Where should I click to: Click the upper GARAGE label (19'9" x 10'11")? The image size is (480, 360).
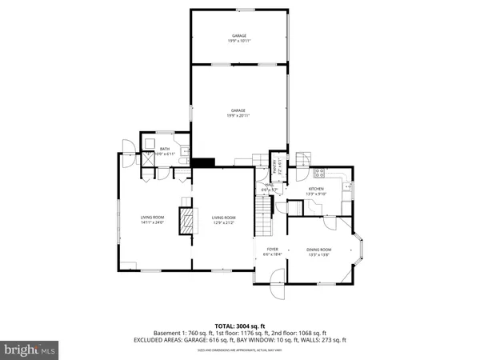click(x=239, y=38)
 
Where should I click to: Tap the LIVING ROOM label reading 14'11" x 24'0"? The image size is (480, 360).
click(x=153, y=220)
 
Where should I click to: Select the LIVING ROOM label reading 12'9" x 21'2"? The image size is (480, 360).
click(x=224, y=220)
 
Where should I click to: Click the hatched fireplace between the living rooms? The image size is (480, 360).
click(x=186, y=220)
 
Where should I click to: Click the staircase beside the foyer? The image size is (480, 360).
click(x=263, y=216)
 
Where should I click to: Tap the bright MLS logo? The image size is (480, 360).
click(x=30, y=349)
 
